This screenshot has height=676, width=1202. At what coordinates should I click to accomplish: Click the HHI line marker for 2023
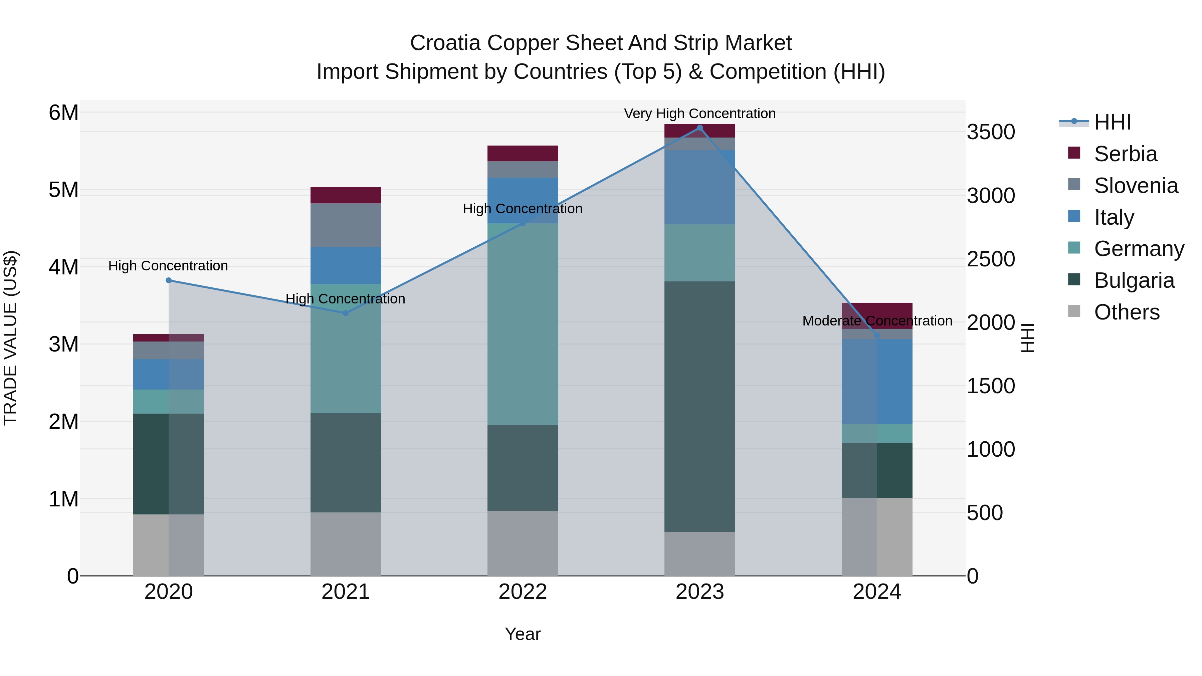pos(699,128)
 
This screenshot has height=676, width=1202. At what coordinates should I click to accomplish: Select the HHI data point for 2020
pos(169,280)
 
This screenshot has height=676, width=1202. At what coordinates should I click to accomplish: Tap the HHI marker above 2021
pos(346,313)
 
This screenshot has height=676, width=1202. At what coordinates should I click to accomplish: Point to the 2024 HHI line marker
pos(877,335)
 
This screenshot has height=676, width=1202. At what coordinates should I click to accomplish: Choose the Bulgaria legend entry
pos(1134,280)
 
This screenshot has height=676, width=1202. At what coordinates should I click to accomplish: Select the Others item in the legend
pos(1127,312)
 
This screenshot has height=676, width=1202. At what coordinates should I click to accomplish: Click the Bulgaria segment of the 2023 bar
pos(699,406)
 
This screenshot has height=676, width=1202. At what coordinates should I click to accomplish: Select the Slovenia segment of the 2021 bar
pos(346,225)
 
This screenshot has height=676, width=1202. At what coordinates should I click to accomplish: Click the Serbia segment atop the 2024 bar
pos(877,310)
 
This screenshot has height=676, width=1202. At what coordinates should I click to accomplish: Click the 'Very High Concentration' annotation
pos(699,114)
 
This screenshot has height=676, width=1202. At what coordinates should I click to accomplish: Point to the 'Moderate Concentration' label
pos(877,321)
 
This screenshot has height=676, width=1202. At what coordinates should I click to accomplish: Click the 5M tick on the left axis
pos(63,190)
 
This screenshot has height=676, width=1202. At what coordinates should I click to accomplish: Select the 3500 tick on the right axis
pos(990,132)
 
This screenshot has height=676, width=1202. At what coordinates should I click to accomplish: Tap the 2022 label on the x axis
pos(523,592)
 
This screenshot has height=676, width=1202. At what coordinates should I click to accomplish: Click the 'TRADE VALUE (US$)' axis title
pos(11,338)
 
